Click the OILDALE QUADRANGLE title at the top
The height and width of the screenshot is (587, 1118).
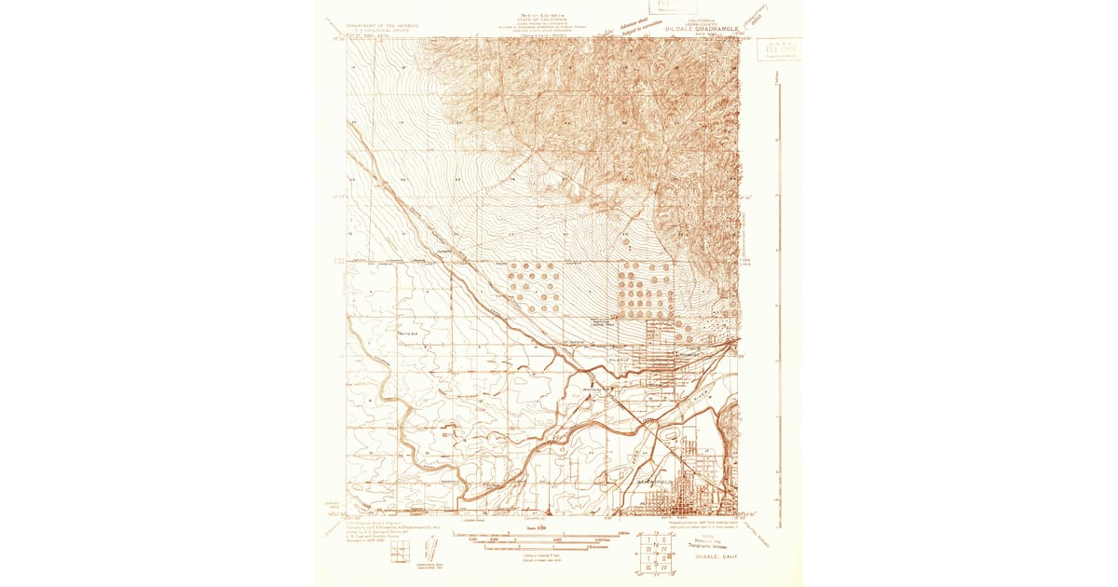[x=702, y=29]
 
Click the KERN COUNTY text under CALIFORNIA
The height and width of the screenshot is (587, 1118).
[x=702, y=21]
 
